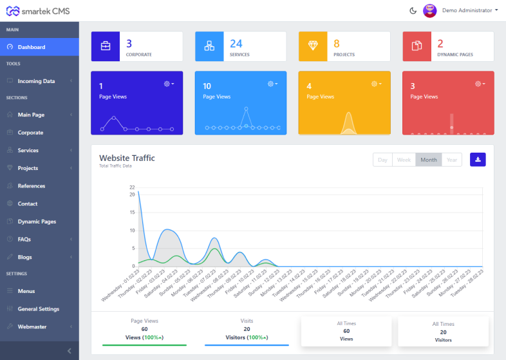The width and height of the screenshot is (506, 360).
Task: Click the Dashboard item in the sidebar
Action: (31, 47)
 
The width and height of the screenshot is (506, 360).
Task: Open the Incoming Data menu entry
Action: (36, 81)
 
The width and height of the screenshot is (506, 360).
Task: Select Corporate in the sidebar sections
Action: (30, 133)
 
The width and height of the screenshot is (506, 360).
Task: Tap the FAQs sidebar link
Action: (24, 239)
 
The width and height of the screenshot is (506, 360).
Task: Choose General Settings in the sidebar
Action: (38, 308)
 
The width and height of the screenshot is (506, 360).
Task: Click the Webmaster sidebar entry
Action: (32, 327)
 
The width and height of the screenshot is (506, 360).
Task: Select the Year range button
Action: (452, 160)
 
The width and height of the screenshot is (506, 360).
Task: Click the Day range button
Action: (382, 160)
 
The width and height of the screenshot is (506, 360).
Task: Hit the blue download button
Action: (478, 160)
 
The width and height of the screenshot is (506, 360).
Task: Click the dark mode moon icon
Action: (413, 10)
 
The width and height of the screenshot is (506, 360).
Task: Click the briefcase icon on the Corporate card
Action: (106, 46)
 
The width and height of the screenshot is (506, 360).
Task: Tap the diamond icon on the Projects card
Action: (313, 46)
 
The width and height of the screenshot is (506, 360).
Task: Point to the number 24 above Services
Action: (236, 43)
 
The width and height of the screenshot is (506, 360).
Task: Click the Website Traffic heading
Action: (127, 158)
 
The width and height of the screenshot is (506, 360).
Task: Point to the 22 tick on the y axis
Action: (131, 187)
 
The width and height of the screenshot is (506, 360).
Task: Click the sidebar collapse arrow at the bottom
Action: (70, 350)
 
